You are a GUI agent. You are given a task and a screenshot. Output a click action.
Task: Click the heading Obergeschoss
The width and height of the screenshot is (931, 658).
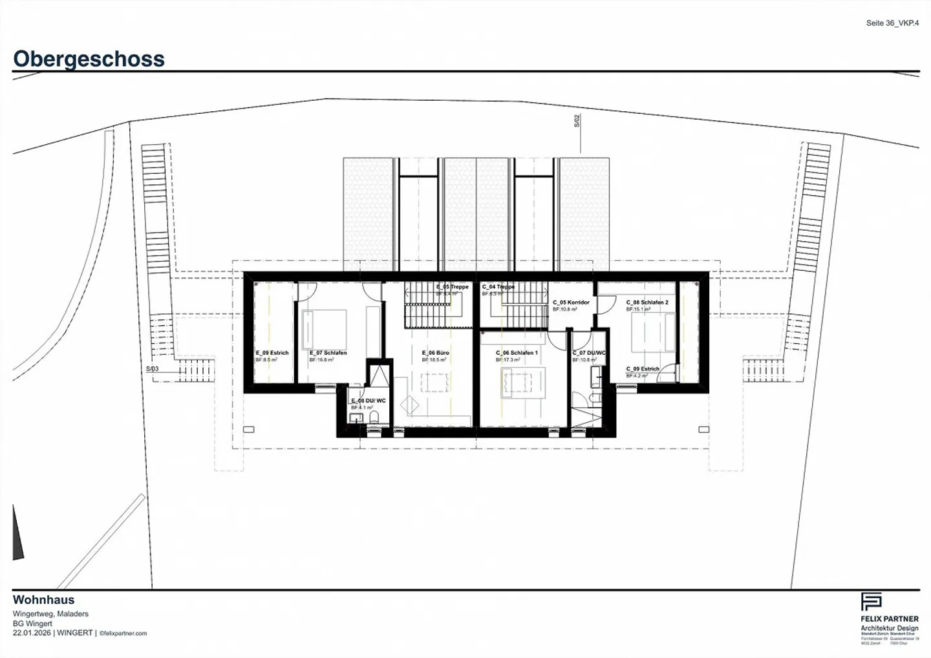click(89, 59)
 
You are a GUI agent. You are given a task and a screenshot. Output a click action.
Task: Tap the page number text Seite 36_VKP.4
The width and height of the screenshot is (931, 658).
click(892, 23)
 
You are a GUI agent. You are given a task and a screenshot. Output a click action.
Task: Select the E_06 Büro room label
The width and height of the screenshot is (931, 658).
click(436, 353)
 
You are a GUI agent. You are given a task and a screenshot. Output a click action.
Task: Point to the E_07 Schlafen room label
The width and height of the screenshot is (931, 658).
click(328, 353)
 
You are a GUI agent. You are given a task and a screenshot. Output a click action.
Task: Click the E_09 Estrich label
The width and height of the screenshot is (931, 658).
click(272, 353)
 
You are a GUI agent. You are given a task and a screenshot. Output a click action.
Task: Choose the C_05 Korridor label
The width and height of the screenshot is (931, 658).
click(571, 302)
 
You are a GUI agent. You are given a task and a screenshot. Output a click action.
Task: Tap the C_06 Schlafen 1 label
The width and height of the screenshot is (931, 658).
click(517, 353)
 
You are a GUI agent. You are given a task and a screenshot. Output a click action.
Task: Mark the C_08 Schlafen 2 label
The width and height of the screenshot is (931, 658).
click(647, 302)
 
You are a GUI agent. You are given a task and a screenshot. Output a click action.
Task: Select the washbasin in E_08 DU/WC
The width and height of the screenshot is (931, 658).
click(355, 419)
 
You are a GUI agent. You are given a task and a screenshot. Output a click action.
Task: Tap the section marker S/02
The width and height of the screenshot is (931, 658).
click(577, 121)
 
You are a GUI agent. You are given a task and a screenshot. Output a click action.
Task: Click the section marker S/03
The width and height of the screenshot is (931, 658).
click(152, 369)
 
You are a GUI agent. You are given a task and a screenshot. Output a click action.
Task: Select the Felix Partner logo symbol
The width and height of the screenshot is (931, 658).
click(871, 602)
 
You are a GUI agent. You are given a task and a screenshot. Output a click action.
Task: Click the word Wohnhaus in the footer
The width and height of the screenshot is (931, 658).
click(43, 600)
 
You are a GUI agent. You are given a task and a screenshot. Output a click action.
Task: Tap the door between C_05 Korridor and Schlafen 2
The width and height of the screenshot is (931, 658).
click(605, 304)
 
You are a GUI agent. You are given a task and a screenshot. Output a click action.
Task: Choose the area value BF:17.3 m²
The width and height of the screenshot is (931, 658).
click(508, 360)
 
